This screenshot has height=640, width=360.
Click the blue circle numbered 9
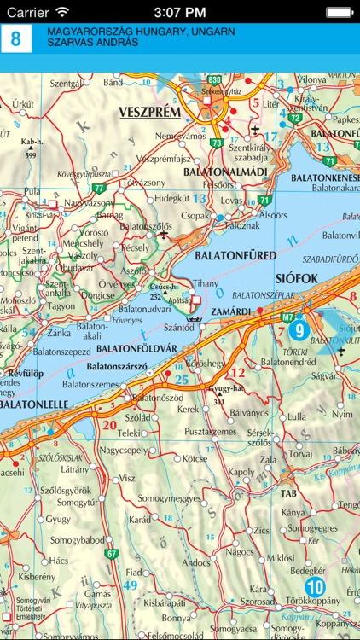[x=299, y=329]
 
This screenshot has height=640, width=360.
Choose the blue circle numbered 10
[x=316, y=586]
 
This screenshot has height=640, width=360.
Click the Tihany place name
[x=205, y=282]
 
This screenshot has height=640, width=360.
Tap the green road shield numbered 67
[x=111, y=555]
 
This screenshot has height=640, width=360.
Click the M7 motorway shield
[x=287, y=316]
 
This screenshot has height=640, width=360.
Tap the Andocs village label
[x=196, y=562]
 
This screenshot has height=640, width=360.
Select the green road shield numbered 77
[x=100, y=187]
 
